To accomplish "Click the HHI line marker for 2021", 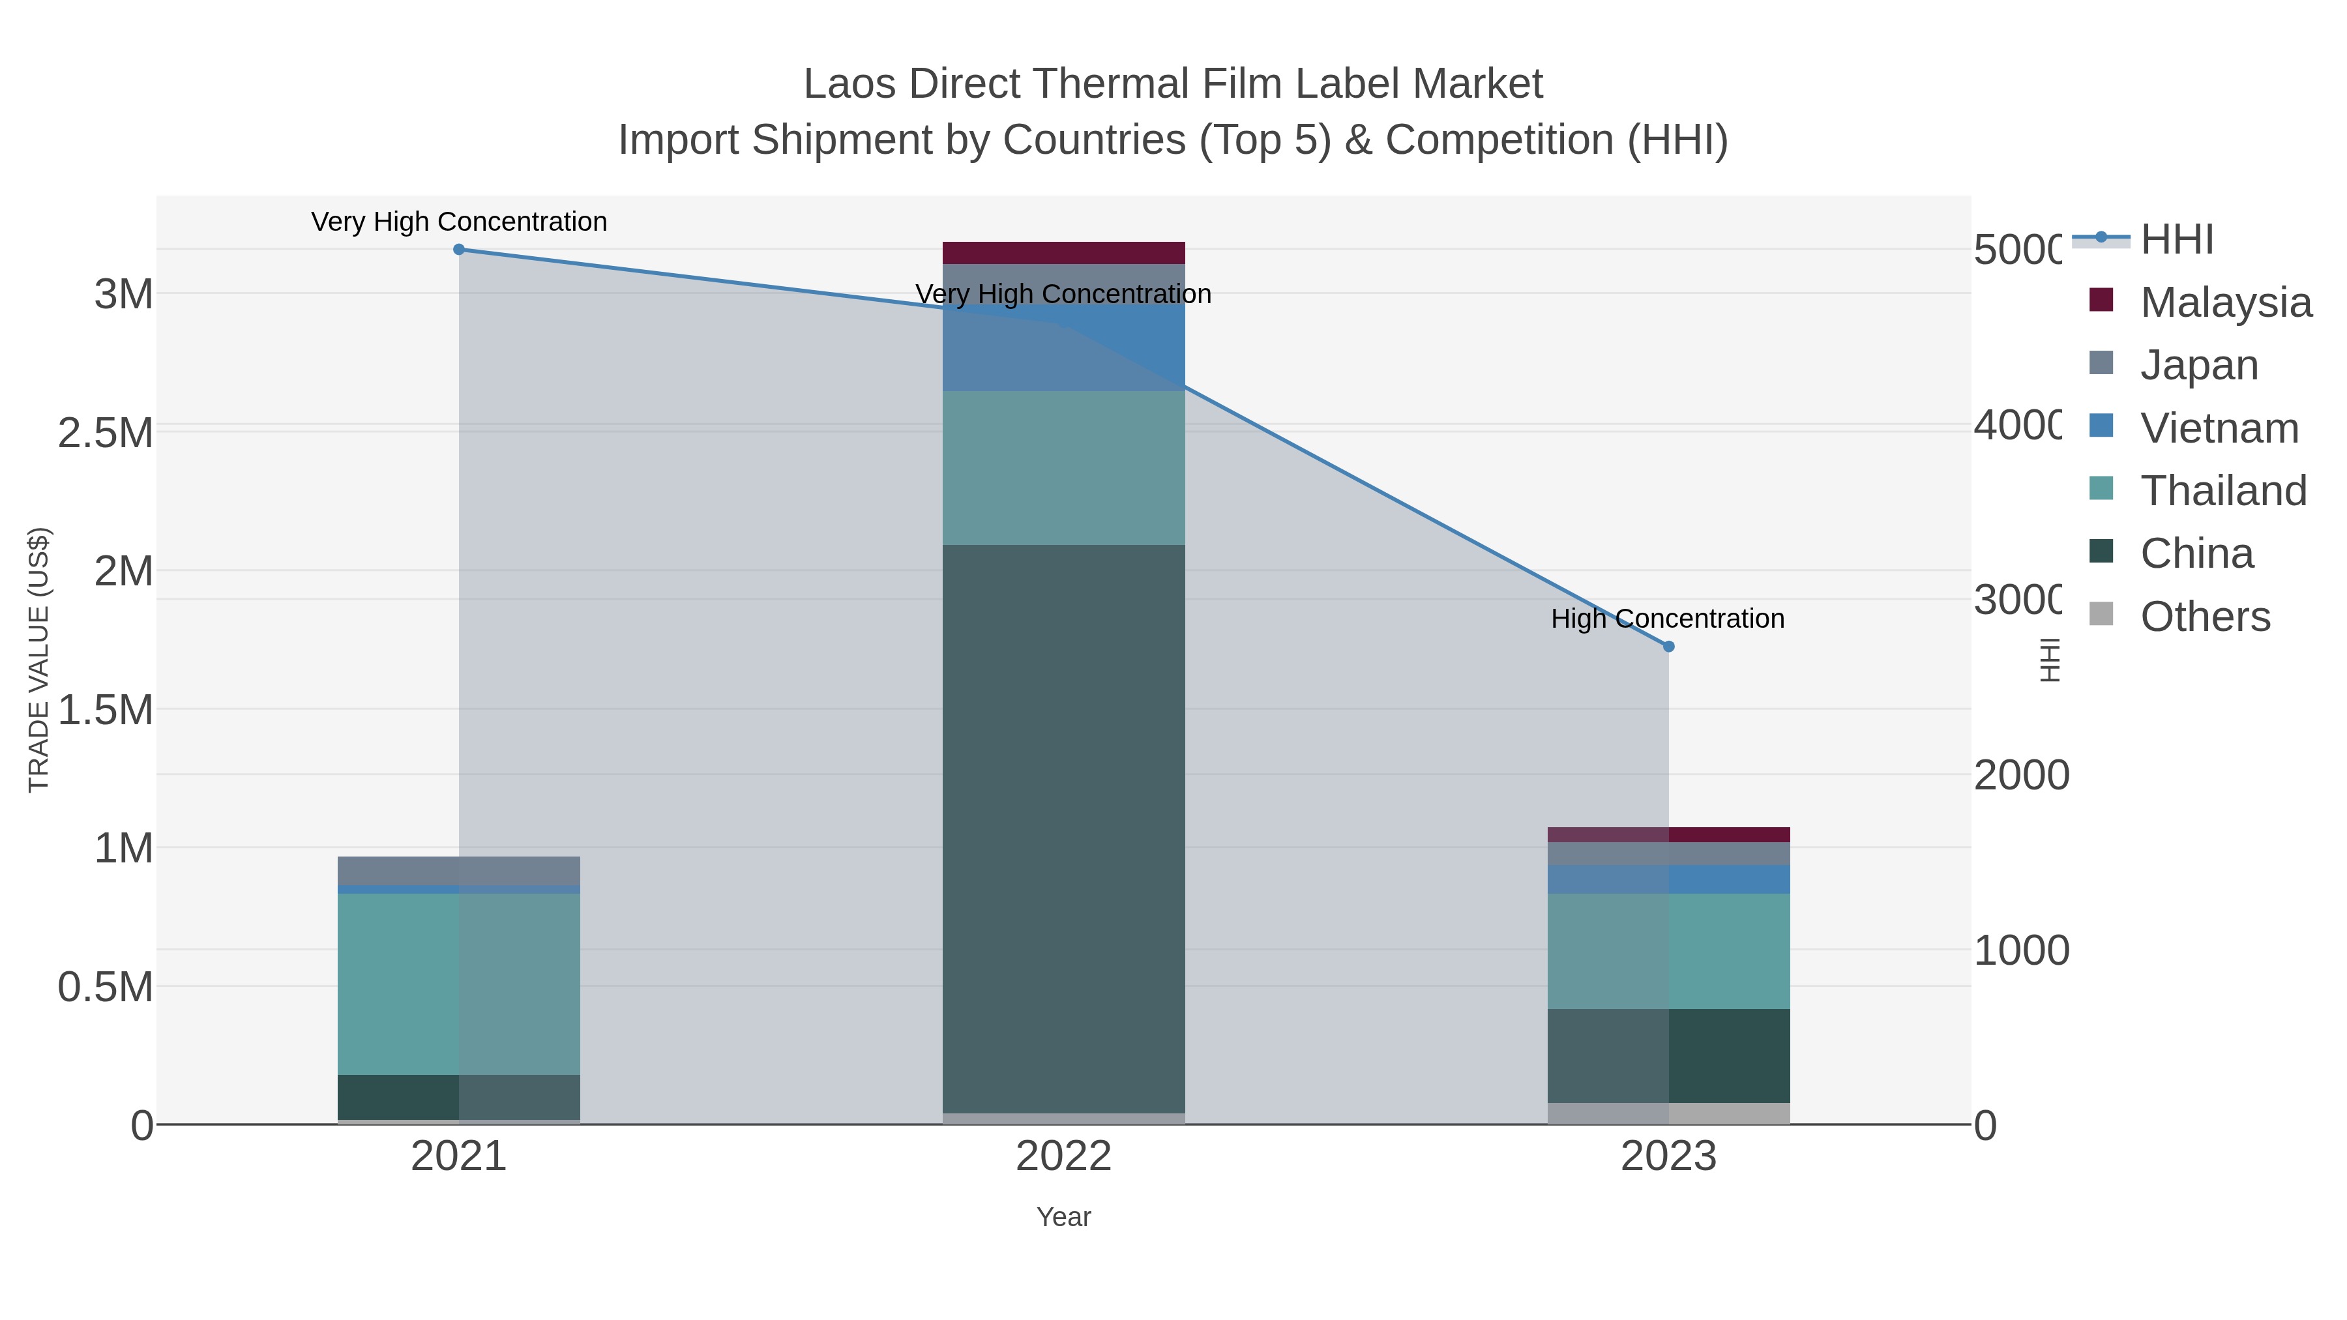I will point(458,250).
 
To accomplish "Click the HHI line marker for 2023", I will point(1668,647).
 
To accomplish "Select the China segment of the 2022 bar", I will point(1063,829).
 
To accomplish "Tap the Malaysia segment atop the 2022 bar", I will point(1063,252).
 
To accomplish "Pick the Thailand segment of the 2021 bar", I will point(458,984).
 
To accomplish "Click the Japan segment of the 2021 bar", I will point(458,870).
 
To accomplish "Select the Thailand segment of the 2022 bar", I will point(1063,468).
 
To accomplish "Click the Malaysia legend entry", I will point(2225,302).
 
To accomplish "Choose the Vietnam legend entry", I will point(2219,428).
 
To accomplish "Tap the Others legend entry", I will point(2205,617).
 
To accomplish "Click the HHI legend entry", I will point(2176,240).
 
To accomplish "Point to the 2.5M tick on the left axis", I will point(106,433).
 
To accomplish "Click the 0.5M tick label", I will point(106,988).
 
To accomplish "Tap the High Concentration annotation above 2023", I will point(1667,619).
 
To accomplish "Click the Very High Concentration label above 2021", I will point(458,222).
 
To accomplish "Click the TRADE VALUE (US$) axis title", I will point(39,660).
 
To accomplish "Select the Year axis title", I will point(1063,1217).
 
